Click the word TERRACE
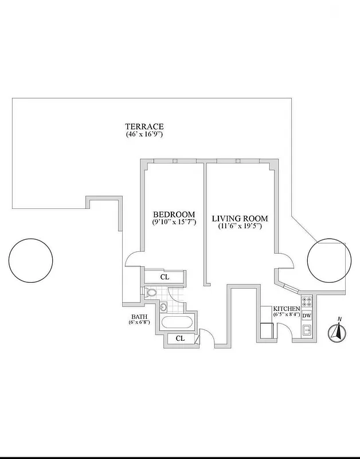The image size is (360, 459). point(144,127)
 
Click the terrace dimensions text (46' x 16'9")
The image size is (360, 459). point(144,134)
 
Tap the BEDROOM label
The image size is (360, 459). point(175,214)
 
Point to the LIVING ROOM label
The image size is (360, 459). point(240,219)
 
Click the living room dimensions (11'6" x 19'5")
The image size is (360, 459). point(240,226)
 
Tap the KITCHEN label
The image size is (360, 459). point(286,309)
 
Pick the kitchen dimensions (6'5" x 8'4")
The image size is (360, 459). point(286,315)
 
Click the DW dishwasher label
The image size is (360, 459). point(307,316)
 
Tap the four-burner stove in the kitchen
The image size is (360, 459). point(307,302)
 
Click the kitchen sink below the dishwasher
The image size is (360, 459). point(307,329)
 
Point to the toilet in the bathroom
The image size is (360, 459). point(151,293)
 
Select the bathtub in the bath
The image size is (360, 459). point(177,321)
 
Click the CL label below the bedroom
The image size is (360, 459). point(165,277)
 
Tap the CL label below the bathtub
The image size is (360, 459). point(180,339)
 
